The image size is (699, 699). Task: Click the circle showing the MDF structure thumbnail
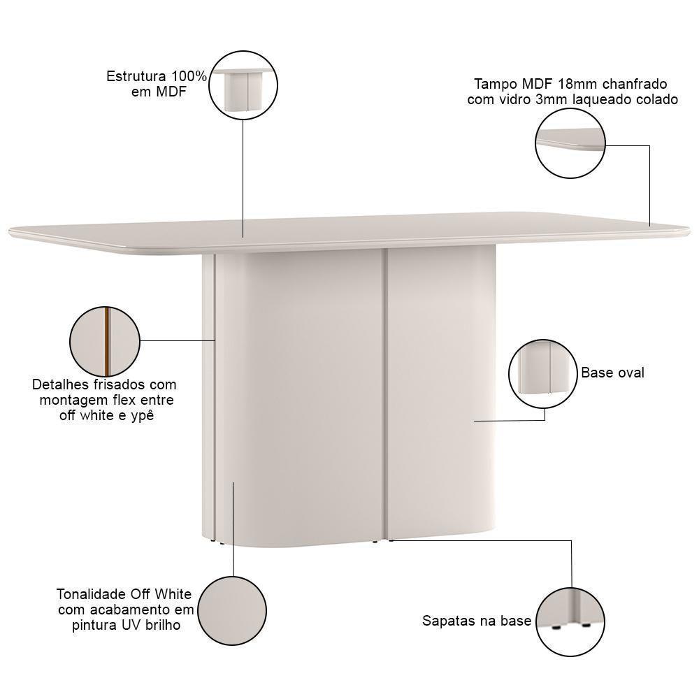[x=243, y=85]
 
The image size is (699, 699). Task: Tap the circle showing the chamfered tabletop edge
[x=570, y=143]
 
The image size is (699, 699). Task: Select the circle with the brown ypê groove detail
[x=105, y=340]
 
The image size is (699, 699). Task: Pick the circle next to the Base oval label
[x=544, y=373]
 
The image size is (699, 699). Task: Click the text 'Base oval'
[x=612, y=373]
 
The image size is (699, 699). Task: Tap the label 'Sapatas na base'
[x=477, y=621]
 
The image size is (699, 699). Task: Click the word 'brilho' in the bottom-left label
[x=161, y=625]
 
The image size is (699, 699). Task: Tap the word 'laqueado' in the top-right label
[x=601, y=99]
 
